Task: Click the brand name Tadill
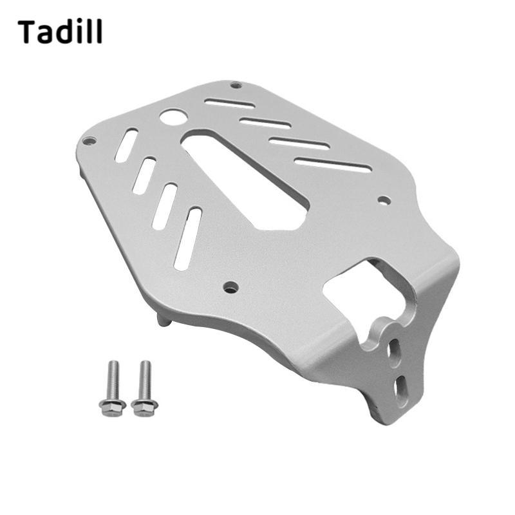60,32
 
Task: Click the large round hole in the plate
173,117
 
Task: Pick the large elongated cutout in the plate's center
245,178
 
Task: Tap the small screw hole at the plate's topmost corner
236,85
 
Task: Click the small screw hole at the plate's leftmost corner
89,142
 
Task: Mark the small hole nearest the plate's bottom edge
230,287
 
